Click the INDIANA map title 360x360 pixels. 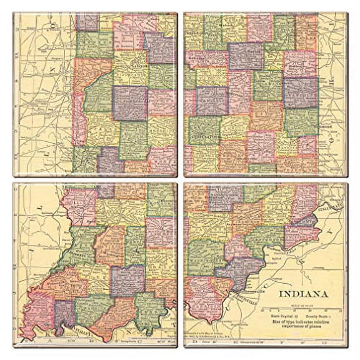pyautogui.click(x=304, y=293)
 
